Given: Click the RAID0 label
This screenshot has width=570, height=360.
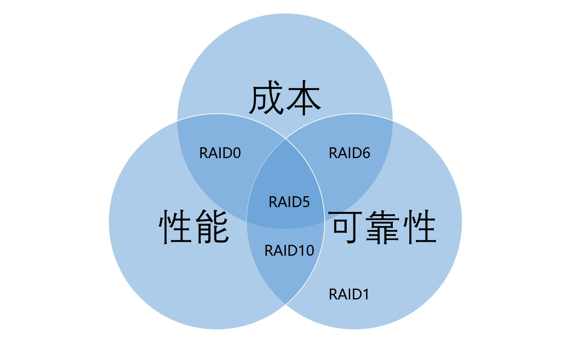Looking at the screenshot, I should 220,153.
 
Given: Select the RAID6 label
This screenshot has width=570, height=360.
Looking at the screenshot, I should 349,153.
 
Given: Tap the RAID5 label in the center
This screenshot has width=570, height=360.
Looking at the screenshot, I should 289,202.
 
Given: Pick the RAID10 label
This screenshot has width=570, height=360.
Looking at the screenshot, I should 289,250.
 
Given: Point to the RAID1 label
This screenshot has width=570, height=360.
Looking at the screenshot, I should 349,295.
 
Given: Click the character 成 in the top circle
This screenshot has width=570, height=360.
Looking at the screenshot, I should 266,99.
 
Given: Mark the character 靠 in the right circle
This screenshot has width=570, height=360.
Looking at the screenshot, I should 383,227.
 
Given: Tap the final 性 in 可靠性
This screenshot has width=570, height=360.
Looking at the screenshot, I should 420,227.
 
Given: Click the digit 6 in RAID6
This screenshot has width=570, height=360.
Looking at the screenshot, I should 366,153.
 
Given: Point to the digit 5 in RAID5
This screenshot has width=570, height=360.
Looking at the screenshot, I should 306,202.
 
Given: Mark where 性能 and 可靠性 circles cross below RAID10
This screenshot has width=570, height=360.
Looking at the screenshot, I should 285,306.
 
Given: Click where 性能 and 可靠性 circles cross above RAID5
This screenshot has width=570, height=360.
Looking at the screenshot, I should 286,138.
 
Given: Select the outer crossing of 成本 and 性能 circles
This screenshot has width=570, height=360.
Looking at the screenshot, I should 177,121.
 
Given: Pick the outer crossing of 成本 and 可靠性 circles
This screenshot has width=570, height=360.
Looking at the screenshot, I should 393,120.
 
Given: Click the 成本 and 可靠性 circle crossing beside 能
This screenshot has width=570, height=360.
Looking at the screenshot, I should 246,222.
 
